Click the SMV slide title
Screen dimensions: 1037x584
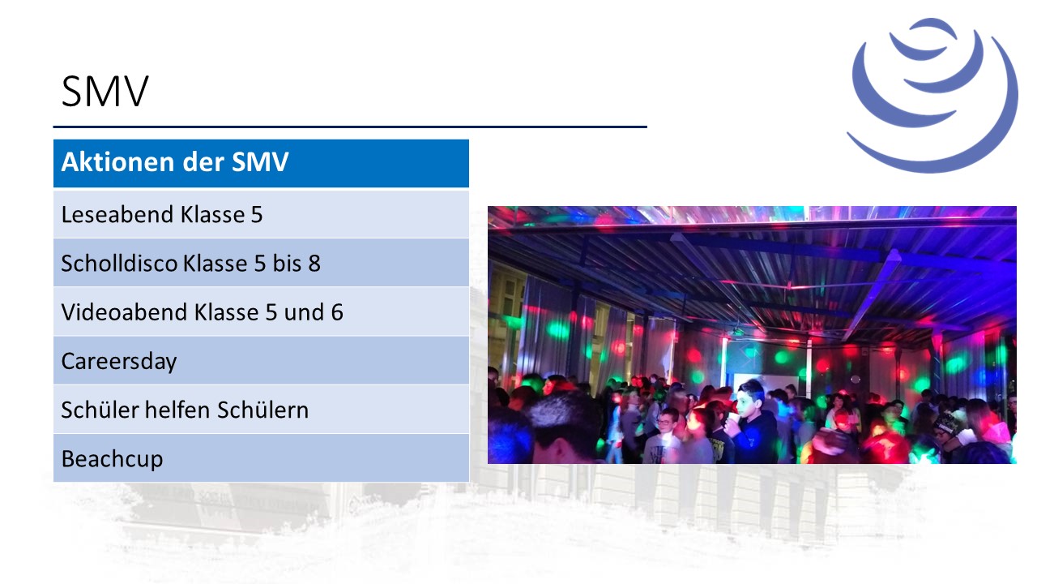[105, 92]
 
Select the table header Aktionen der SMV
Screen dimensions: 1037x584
[175, 161]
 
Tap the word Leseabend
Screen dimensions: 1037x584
[117, 215]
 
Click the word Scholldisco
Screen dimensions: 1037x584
[119, 264]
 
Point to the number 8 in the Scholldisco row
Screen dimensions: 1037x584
[314, 264]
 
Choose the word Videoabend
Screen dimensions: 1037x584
[125, 312]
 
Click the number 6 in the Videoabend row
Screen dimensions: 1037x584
[337, 312]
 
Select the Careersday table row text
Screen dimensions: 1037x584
[119, 362]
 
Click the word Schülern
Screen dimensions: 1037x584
[263, 410]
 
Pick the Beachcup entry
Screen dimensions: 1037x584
[112, 459]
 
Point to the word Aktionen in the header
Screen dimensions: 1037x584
[118, 161]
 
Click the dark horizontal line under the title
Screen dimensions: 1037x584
[350, 127]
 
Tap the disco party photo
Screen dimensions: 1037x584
[752, 335]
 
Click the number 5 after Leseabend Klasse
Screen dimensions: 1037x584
[257, 215]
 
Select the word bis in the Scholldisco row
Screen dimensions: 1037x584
[287, 264]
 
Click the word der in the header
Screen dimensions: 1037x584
[203, 161]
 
